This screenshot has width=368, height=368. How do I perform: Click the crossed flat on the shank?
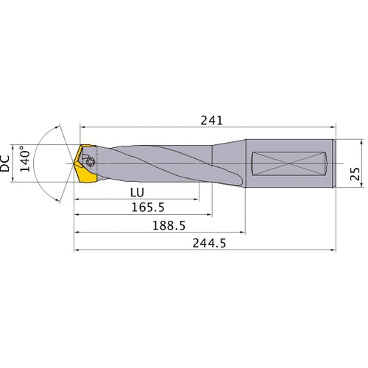click(290, 163)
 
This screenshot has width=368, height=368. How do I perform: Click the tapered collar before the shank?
click(225, 163)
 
